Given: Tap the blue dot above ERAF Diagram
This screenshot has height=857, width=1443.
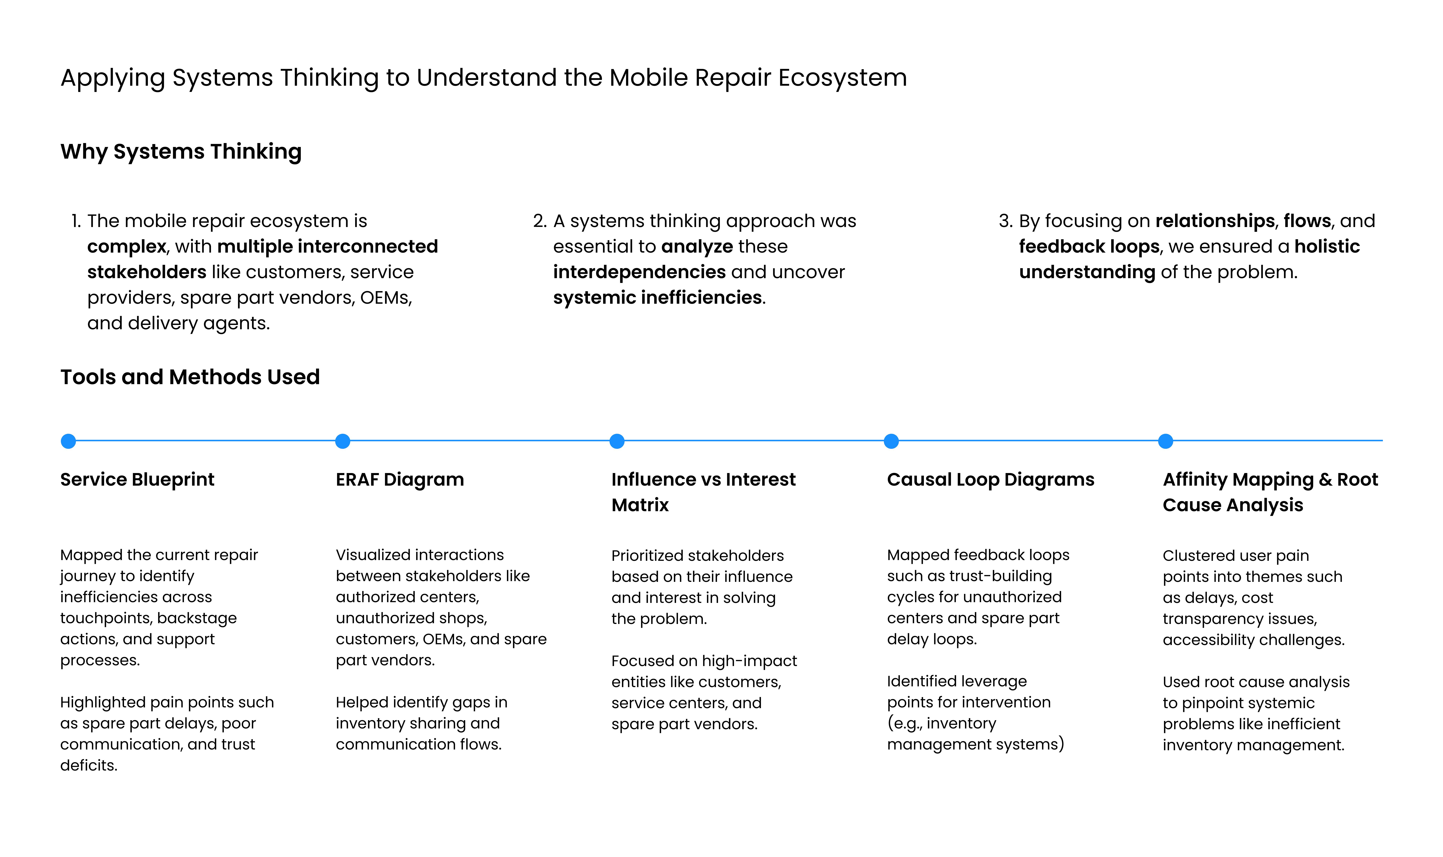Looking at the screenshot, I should [343, 441].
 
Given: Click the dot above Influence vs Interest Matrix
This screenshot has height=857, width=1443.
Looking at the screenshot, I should [617, 441].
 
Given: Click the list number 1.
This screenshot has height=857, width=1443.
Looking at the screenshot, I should [76, 221].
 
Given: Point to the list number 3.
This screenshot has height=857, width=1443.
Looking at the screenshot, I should [1005, 221].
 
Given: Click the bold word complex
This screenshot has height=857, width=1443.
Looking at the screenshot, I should [126, 247].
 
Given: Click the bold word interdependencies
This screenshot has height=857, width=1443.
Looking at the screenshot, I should [639, 272].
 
